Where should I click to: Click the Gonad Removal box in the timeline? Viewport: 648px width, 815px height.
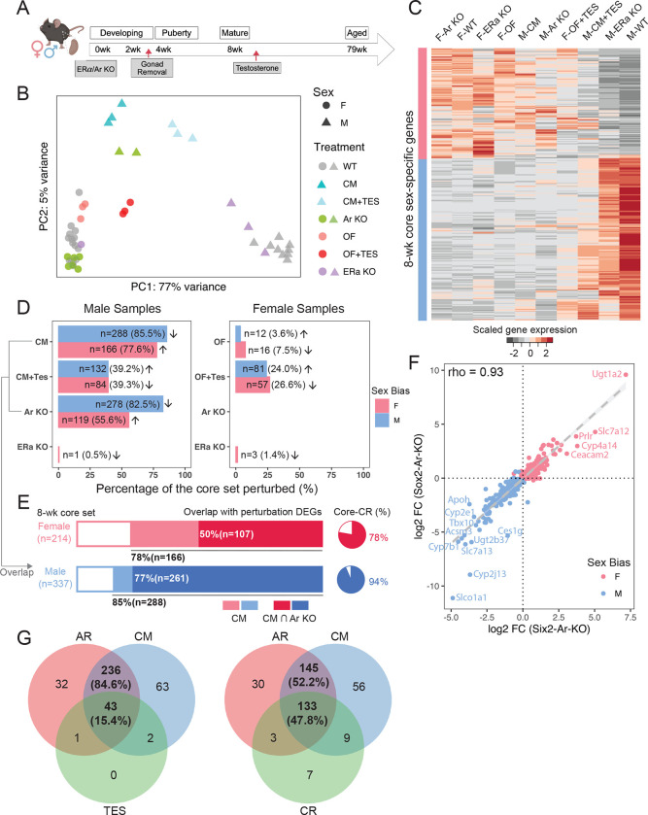point(149,73)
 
